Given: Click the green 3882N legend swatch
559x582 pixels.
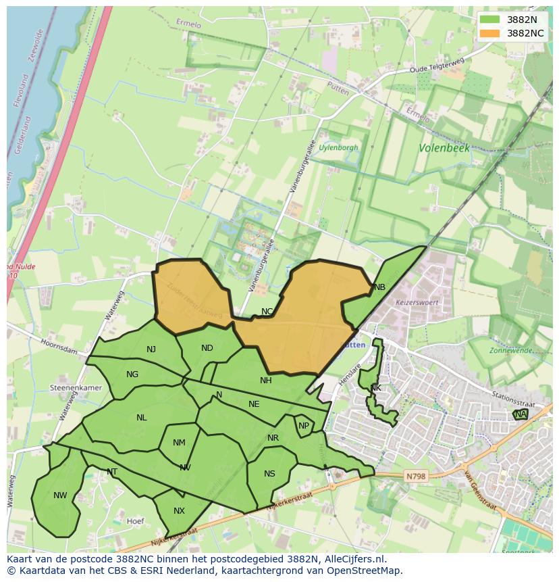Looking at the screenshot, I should click(x=491, y=20).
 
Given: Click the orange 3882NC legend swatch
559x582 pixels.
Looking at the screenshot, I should click(x=491, y=33).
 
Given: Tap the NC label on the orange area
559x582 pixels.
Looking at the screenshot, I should click(x=267, y=312).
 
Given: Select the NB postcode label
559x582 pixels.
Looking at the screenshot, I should click(x=379, y=287).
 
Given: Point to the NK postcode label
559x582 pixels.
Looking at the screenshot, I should click(x=375, y=388).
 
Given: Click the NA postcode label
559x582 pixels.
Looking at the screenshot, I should click(x=520, y=414).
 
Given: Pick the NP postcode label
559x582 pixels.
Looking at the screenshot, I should click(x=304, y=426).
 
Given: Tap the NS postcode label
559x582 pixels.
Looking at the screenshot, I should click(x=269, y=473).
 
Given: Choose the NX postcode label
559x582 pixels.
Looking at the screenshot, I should click(x=179, y=511).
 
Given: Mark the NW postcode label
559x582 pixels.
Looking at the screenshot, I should click(x=60, y=495).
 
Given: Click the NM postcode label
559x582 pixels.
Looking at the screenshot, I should click(x=179, y=443).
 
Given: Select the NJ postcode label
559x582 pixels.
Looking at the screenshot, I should click(x=151, y=349).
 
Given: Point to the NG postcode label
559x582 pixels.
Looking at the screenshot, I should click(x=132, y=374).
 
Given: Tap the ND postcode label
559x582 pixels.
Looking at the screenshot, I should click(x=207, y=348).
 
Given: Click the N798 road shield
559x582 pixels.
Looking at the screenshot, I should click(x=416, y=477).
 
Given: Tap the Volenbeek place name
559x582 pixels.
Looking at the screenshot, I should click(x=444, y=147).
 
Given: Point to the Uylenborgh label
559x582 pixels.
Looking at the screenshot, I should click(x=338, y=147).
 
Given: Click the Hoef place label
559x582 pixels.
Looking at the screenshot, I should click(x=136, y=521).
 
